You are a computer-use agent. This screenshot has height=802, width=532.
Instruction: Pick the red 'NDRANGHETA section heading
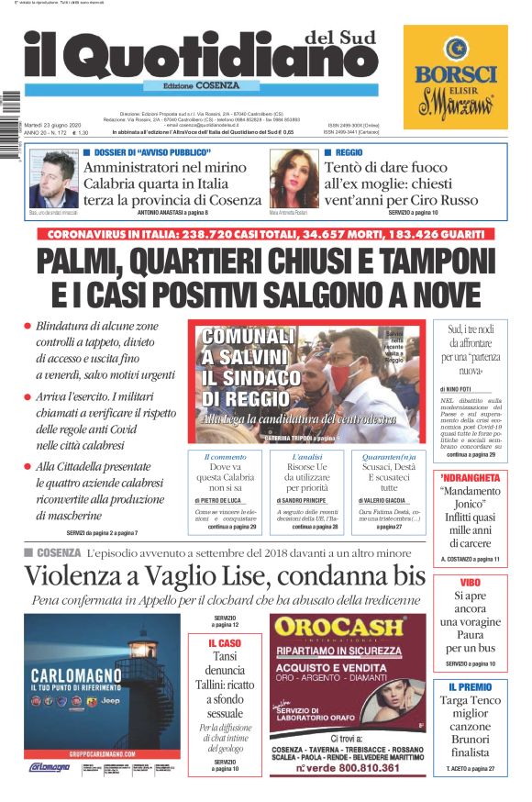471,477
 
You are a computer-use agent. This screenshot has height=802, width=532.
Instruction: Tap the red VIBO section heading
471,583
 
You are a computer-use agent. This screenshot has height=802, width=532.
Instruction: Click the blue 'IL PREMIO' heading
471,686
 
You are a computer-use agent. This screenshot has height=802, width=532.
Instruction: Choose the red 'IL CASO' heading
225,644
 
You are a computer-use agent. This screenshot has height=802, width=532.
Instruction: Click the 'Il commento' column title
225,456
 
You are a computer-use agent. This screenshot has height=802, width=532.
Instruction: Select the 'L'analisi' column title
306,456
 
